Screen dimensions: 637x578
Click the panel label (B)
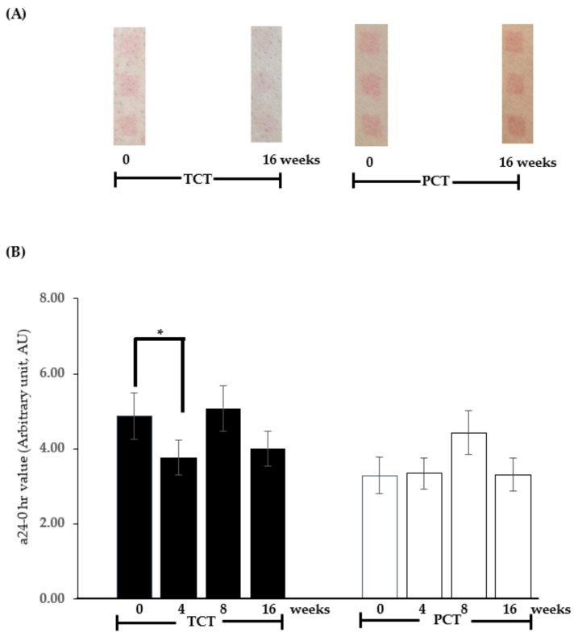click(15, 252)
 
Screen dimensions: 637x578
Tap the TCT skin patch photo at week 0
click(129, 85)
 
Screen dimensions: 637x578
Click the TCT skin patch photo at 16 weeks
click(266, 83)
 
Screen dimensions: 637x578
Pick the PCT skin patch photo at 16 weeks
click(517, 83)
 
